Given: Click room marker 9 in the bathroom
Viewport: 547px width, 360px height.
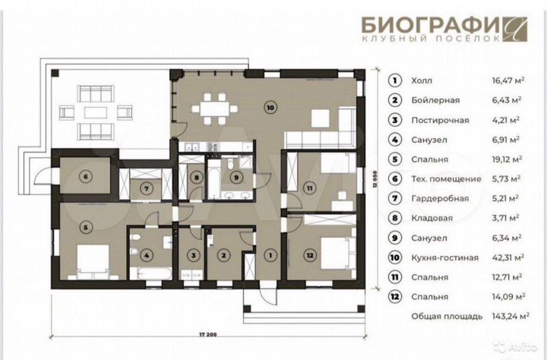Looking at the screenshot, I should [x=236, y=179].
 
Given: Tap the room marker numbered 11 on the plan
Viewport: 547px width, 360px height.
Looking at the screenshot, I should [x=309, y=187].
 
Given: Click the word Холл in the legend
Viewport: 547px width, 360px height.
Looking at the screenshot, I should [x=421, y=80].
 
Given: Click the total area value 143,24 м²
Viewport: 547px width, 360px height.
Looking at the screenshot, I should [x=505, y=317].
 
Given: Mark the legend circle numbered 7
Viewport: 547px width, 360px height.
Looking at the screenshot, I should [x=394, y=198].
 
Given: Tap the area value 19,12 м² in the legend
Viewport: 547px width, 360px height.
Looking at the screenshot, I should [x=506, y=159].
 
